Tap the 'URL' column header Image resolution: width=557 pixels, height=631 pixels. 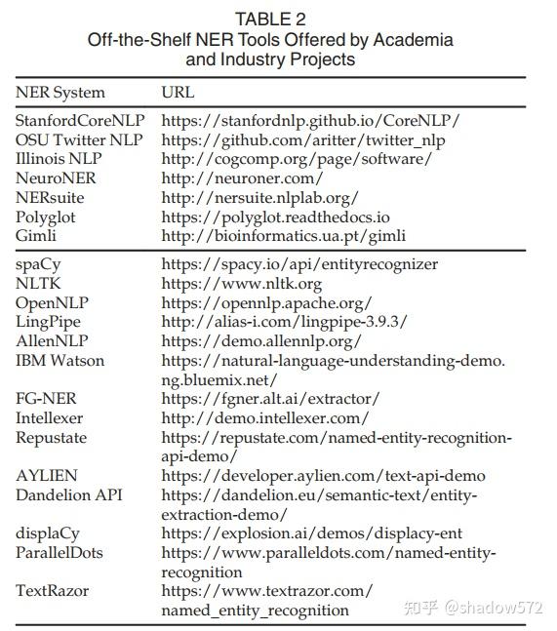pos(178,93)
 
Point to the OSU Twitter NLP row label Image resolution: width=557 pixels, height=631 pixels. pos(79,139)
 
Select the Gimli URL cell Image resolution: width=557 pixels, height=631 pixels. pos(283,235)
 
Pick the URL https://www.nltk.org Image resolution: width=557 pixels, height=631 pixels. pos(241,284)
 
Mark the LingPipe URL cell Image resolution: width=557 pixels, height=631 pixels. pos(284,322)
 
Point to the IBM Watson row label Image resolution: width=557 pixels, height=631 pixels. pos(60,361)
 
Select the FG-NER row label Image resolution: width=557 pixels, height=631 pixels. pos(47,399)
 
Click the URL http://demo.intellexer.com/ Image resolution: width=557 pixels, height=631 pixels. pos(264,418)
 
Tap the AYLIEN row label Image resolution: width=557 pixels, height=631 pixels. pos(46,476)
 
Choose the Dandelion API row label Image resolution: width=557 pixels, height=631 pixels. pos(67,495)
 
